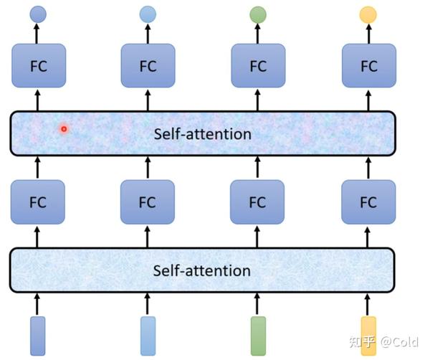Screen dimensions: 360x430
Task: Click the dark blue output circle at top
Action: click(x=38, y=14)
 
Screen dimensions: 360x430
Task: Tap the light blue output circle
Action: click(x=148, y=14)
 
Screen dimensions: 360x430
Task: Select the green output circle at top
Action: click(x=258, y=14)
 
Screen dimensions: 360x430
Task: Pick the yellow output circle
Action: click(x=368, y=14)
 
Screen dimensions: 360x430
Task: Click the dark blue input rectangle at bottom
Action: click(x=38, y=336)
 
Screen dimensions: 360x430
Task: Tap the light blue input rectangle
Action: click(x=148, y=336)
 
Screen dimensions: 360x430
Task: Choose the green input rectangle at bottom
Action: click(x=258, y=336)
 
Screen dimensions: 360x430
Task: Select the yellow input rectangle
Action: click(x=368, y=336)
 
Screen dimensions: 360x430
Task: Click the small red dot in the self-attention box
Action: click(x=64, y=129)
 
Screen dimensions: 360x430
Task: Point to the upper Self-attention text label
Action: click(x=203, y=134)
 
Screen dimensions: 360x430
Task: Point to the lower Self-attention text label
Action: click(x=202, y=270)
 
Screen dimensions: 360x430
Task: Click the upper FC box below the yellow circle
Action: click(x=368, y=66)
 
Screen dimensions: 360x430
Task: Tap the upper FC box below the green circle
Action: click(x=258, y=66)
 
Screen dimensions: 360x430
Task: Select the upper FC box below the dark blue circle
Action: click(x=38, y=66)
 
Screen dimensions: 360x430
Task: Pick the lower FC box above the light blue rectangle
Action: click(x=148, y=202)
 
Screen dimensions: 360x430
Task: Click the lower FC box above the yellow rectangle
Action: click(x=368, y=202)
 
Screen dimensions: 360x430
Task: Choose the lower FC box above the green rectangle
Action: click(x=258, y=202)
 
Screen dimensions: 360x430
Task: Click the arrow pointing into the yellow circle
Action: click(x=368, y=33)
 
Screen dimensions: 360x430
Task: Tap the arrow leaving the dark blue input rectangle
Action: click(x=38, y=303)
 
